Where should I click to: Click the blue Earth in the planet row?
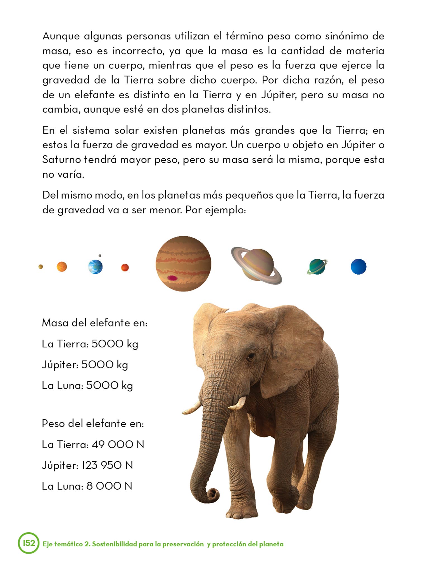(95, 267)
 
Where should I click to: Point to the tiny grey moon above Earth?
(100, 256)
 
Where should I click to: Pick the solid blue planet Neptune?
(358, 266)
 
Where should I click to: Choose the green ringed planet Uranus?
(317, 267)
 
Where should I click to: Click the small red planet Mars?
(125, 268)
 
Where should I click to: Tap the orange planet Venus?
(62, 267)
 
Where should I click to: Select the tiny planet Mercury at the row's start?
(41, 267)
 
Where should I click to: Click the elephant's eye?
(251, 356)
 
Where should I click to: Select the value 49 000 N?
(118, 444)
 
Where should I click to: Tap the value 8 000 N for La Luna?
(109, 486)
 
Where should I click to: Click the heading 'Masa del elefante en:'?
(94, 323)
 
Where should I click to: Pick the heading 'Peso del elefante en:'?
(93, 424)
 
